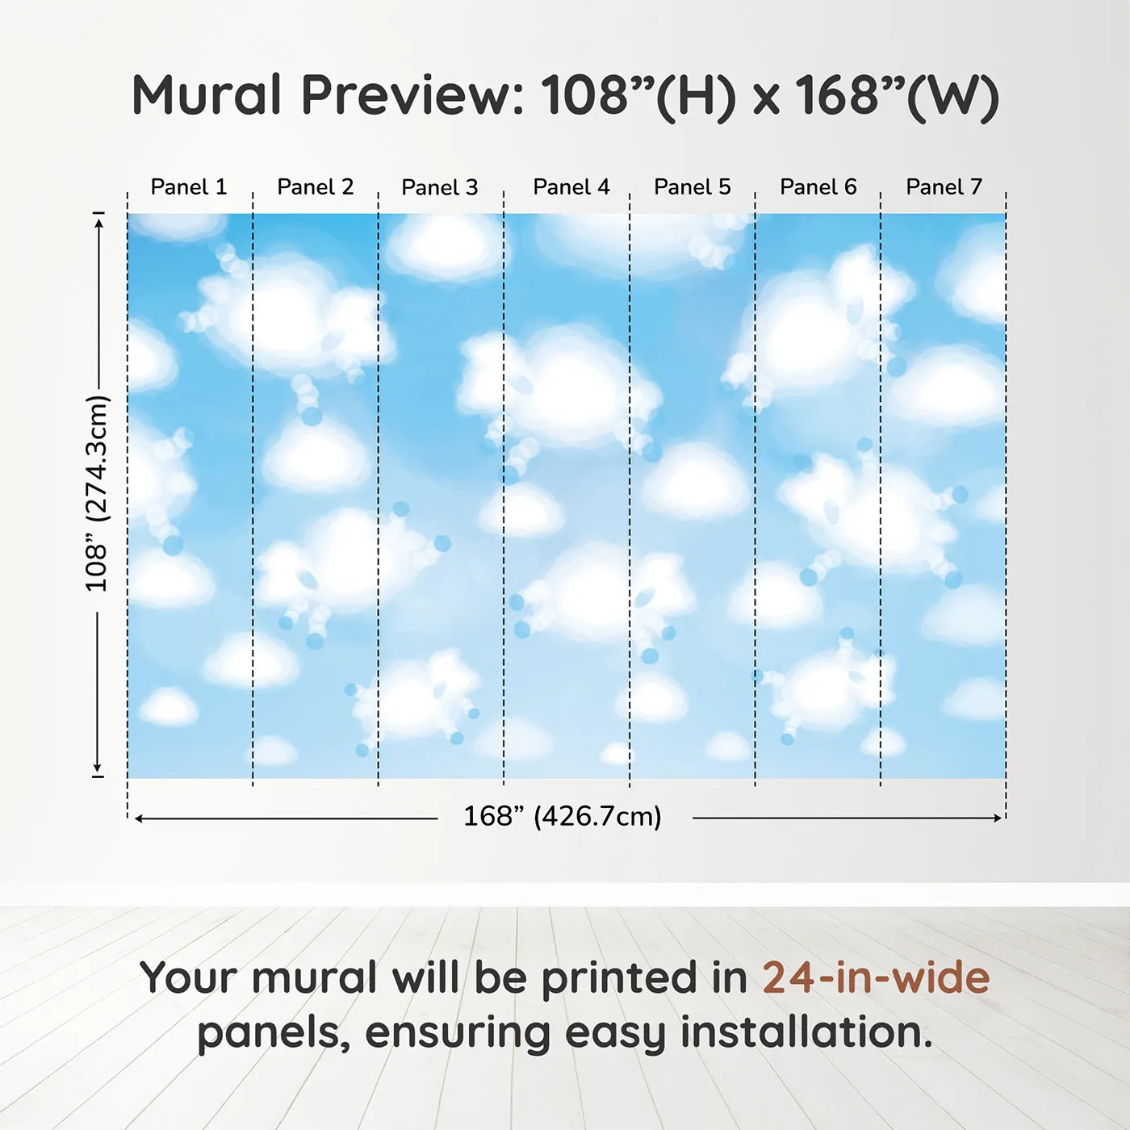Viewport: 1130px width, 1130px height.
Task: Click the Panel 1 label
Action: [x=188, y=187]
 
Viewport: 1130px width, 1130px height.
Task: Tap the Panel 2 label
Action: [x=316, y=187]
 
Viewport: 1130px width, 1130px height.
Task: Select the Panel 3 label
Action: [x=440, y=187]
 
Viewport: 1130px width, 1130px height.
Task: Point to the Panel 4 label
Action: [x=571, y=187]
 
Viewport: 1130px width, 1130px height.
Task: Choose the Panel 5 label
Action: [x=693, y=187]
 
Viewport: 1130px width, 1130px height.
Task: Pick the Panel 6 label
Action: [x=818, y=187]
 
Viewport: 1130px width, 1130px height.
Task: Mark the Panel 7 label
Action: [x=944, y=187]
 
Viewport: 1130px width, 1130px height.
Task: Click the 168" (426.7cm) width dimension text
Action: [x=563, y=817]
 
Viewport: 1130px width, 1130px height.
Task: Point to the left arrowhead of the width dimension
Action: [x=139, y=818]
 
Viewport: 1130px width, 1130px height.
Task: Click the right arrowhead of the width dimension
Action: [x=997, y=818]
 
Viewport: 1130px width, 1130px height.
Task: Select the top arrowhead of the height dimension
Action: [x=100, y=223]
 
